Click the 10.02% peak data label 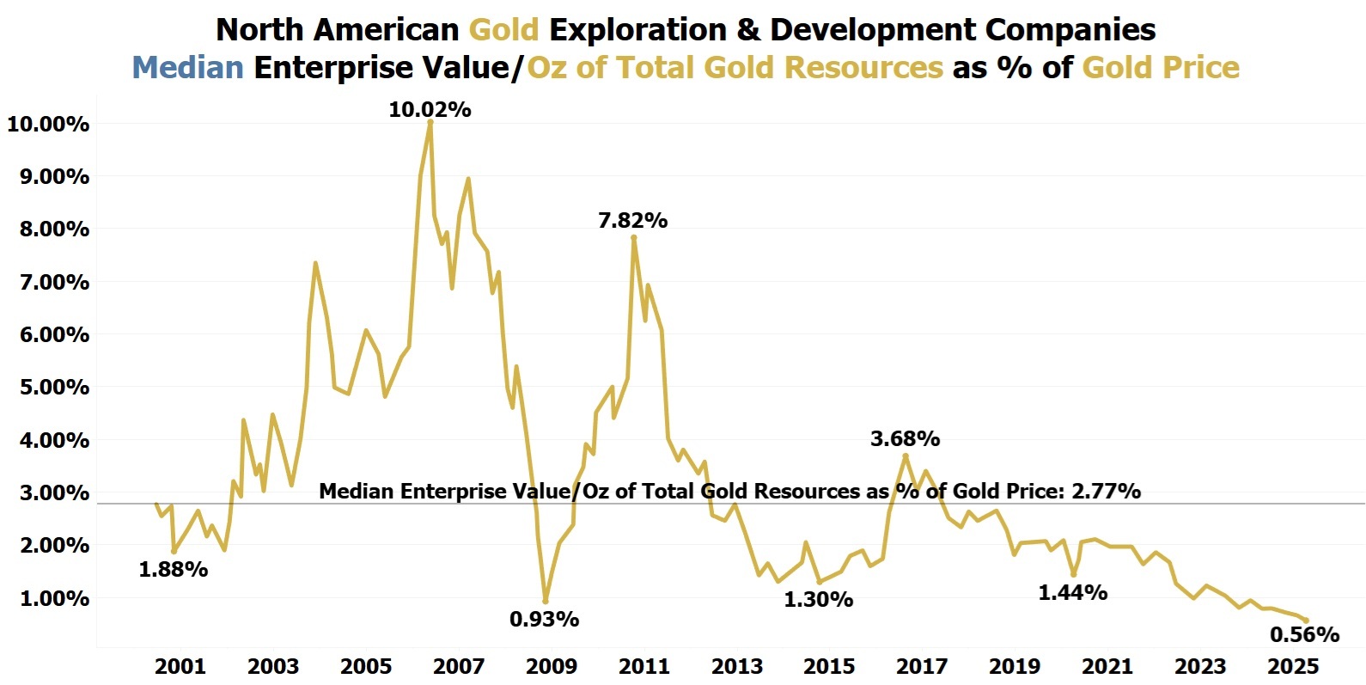430,109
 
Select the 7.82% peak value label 632,220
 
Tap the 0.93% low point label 544,619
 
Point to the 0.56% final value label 1304,634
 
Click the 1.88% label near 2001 174,569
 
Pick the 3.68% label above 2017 905,438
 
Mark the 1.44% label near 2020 1072,592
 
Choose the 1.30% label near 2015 818,599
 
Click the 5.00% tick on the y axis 48,388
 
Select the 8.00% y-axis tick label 48,229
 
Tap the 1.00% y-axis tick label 48,598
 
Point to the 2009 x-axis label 551,666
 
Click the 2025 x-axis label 1294,666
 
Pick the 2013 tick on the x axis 737,666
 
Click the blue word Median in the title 188,67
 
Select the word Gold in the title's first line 503,29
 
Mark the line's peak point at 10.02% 430,122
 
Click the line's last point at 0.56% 1306,620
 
